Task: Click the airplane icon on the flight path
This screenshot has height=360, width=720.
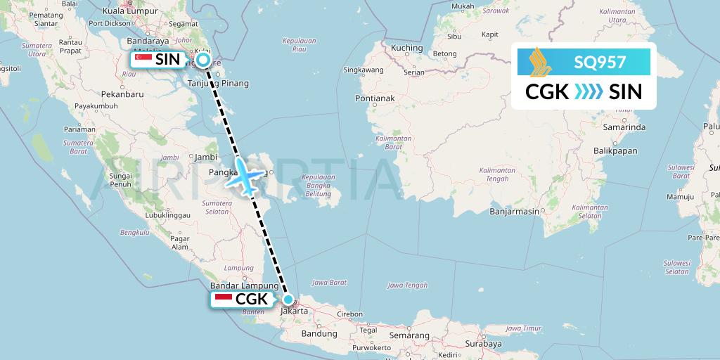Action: pos(243,176)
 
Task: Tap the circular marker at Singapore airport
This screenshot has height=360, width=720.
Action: pos(203,60)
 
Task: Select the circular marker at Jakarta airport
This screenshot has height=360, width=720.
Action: pos(288,299)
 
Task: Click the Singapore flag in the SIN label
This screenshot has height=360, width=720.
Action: pos(143,60)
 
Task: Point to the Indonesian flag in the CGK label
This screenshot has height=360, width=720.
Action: pos(224,300)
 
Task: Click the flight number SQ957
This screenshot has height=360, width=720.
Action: pos(600,63)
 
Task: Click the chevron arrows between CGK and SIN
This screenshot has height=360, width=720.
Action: pos(588,92)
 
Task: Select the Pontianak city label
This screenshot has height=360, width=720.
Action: pos(375,98)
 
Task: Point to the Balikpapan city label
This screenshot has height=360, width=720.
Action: pos(615,150)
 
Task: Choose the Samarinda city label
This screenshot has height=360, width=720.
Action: pos(624,127)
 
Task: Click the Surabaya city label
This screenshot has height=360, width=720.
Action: pos(482,344)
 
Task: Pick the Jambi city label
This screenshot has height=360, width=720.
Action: pos(205,157)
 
